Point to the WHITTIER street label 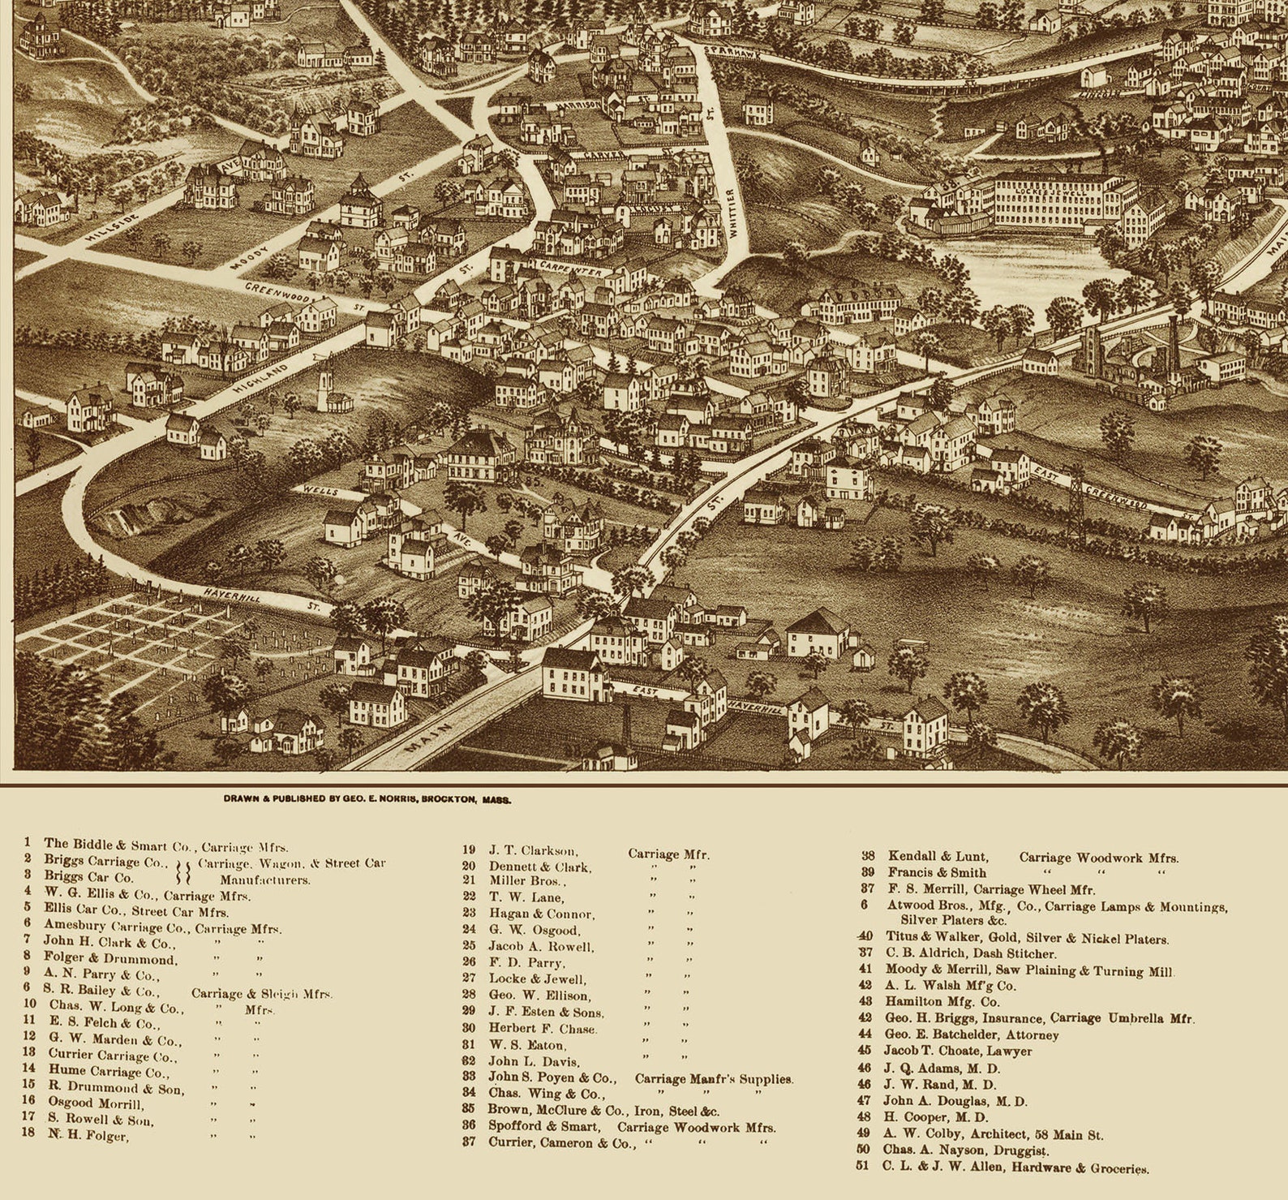732,213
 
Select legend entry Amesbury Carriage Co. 114,924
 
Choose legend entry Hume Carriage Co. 102,1070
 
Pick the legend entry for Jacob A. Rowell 540,946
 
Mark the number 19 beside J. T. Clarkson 469,849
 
